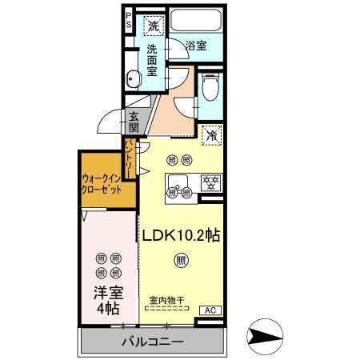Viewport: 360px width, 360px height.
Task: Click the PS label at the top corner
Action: pos(129,20)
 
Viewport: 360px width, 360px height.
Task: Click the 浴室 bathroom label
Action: pos(196,46)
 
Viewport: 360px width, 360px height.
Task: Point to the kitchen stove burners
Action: pos(210,181)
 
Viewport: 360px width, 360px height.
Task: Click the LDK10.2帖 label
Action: pos(182,236)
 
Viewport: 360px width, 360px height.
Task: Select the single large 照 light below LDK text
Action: pos(182,259)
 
